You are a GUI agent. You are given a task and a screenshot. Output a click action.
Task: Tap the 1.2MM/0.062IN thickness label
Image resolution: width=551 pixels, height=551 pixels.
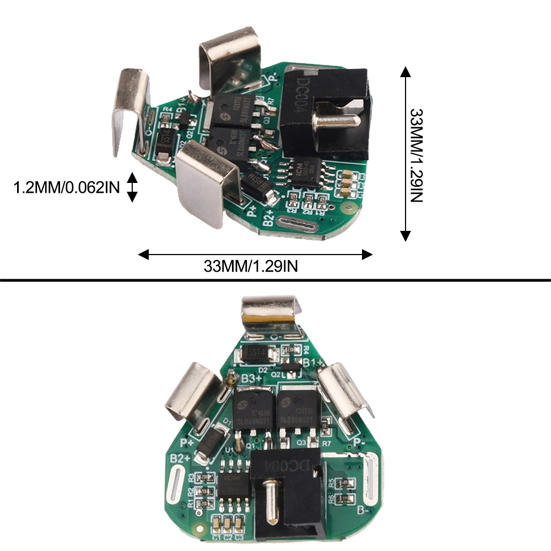pyautogui.click(x=67, y=188)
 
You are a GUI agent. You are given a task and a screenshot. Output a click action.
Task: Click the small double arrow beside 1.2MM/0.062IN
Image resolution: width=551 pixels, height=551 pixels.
pyautogui.click(x=132, y=187)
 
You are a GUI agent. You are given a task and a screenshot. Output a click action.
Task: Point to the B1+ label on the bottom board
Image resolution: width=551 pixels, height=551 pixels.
pyautogui.click(x=313, y=361)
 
